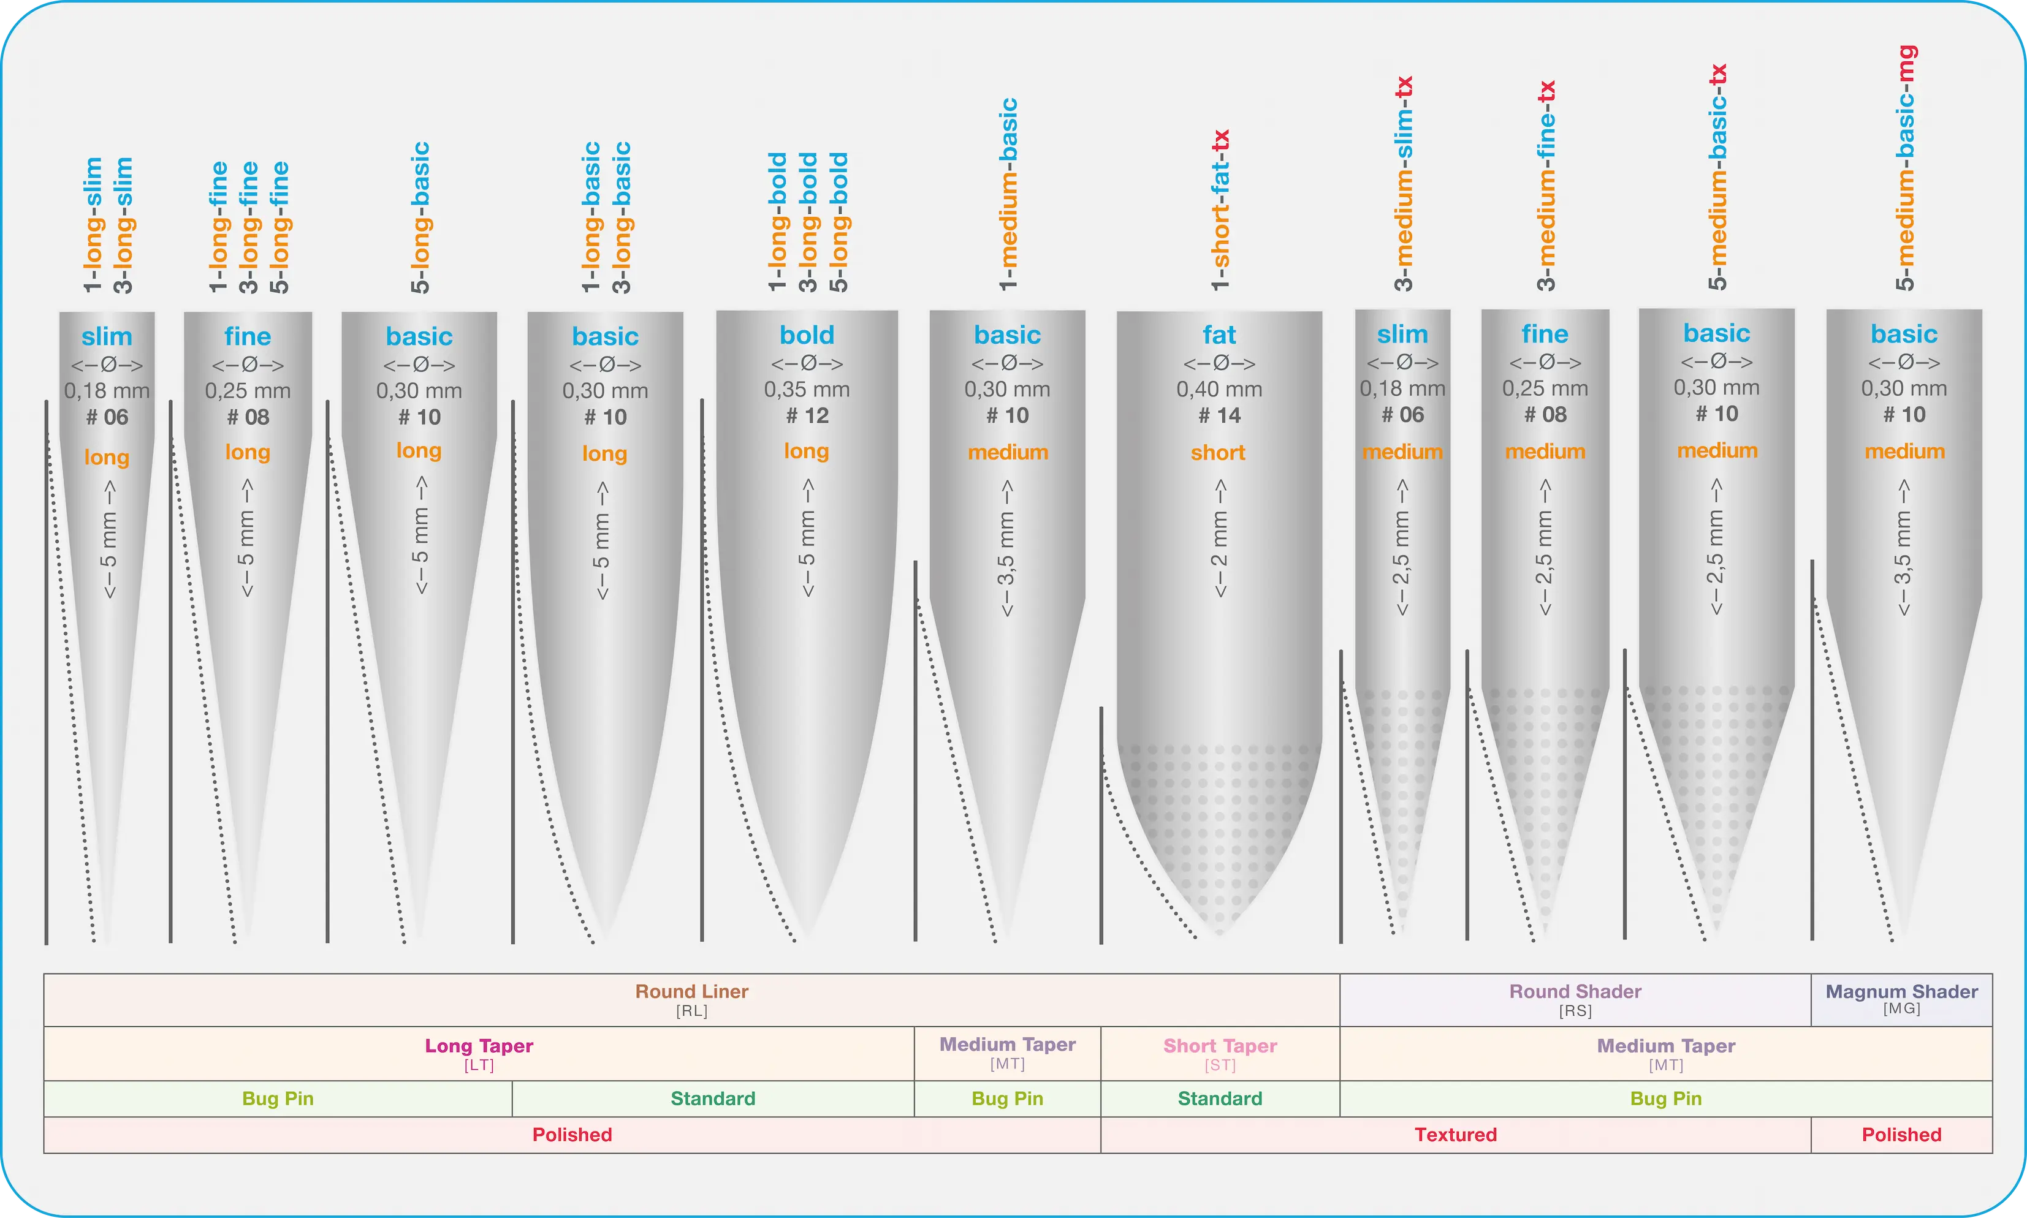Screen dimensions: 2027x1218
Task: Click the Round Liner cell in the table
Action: (691, 1000)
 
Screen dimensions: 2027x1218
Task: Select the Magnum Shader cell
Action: (1901, 1000)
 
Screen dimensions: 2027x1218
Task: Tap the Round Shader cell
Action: (1575, 1000)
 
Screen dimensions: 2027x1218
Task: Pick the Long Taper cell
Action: (479, 1053)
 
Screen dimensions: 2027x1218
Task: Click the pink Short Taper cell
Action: (1220, 1053)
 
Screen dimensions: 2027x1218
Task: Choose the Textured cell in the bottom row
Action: (1456, 1134)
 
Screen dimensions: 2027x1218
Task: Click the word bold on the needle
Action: (807, 335)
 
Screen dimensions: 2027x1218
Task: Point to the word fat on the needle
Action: (1219, 335)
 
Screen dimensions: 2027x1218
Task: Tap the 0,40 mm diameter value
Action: (1219, 389)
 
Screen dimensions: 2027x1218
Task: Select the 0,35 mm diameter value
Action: (807, 389)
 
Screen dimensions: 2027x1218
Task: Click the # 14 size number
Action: (1219, 415)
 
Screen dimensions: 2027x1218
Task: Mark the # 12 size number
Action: (807, 415)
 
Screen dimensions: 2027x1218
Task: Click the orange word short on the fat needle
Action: (1219, 452)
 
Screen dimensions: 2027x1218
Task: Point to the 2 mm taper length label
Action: (1220, 539)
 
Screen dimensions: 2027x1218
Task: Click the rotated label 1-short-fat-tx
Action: (1221, 210)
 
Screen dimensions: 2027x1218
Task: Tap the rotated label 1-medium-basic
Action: (1008, 194)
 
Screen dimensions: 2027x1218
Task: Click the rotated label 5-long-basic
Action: (420, 217)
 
